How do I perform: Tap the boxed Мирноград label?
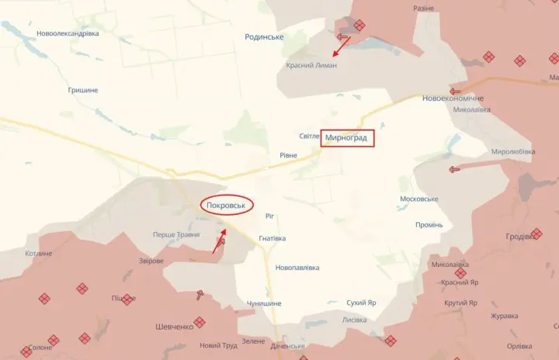click(348, 139)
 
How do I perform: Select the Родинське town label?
click(264, 37)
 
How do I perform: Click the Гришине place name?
click(83, 90)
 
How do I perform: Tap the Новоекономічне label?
click(453, 99)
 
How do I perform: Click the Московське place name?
click(418, 199)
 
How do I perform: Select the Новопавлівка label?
click(297, 268)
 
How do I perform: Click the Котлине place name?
click(38, 254)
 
